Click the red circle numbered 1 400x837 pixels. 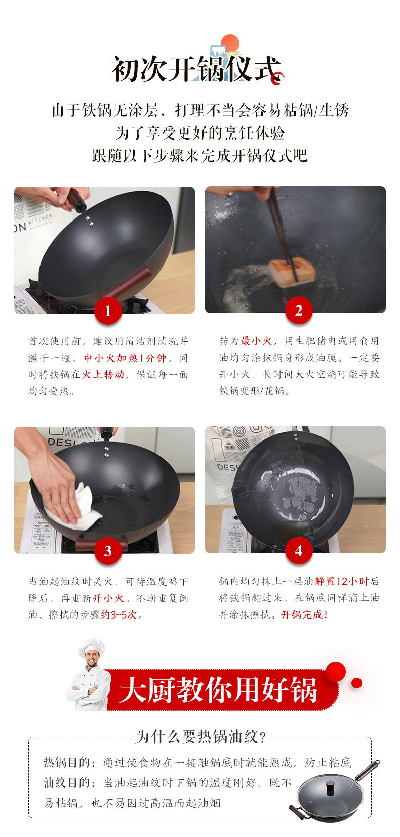[x=108, y=311]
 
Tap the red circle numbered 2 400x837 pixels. [x=299, y=311]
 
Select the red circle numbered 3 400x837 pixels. [x=108, y=551]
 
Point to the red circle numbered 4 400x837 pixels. [x=299, y=551]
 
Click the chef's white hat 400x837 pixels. [x=91, y=647]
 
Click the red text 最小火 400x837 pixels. [x=256, y=341]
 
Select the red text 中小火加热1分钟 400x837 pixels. [x=125, y=358]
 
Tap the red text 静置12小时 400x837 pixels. [x=342, y=581]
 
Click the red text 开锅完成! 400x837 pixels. [x=305, y=614]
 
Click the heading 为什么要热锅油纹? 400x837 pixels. [x=201, y=737]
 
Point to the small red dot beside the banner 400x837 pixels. [x=356, y=683]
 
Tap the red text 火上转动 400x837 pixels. [x=103, y=374]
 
